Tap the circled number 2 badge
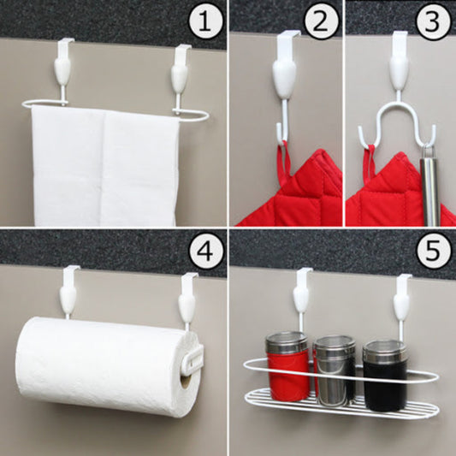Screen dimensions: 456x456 tap(319, 23)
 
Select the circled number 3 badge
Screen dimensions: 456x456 tap(432, 23)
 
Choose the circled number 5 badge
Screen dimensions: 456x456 tap(432, 254)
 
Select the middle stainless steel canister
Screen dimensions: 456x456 tap(335, 370)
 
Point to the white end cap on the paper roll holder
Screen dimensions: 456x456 tap(192, 357)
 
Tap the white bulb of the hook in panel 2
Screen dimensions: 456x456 tap(286, 79)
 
